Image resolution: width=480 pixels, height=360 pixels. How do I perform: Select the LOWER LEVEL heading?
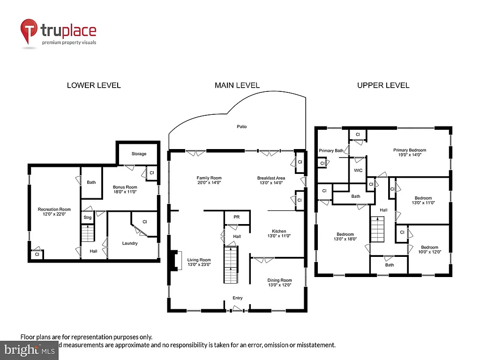(94, 85)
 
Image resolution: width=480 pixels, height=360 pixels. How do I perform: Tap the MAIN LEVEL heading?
(237, 85)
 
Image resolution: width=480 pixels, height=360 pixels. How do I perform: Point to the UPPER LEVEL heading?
(383, 85)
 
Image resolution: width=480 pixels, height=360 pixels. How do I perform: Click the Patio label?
(241, 127)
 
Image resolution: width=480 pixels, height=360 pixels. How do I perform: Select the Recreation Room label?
(54, 212)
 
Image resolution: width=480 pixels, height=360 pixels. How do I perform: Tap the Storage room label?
(139, 154)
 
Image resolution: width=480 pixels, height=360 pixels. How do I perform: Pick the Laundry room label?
(130, 243)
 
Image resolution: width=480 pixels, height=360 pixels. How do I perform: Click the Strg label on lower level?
(88, 217)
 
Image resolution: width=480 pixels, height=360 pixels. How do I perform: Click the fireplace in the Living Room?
(176, 261)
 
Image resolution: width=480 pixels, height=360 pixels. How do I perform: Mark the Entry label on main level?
(238, 298)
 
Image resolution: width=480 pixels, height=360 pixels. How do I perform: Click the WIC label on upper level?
(359, 171)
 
